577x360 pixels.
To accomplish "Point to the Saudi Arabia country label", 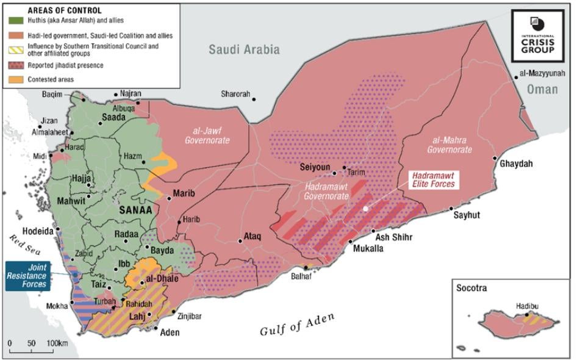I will (x=244, y=49).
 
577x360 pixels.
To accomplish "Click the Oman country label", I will (x=542, y=89).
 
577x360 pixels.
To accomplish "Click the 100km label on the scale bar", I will (x=57, y=342).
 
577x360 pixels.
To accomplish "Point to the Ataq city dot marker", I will (x=241, y=242).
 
